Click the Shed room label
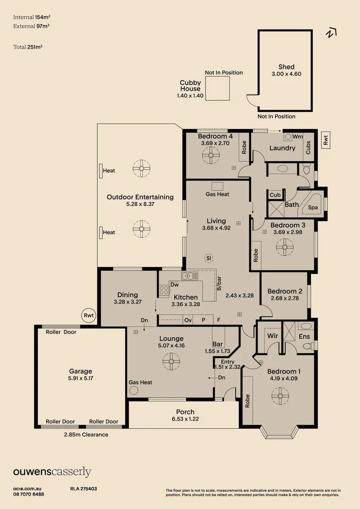pyautogui.click(x=286, y=67)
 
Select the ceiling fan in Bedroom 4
pyautogui.click(x=211, y=155)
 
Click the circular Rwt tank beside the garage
pyautogui.click(x=89, y=315)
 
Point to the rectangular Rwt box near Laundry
pyautogui.click(x=326, y=140)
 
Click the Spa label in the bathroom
pyautogui.click(x=313, y=207)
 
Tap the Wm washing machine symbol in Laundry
pyautogui.click(x=288, y=137)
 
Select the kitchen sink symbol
pyautogui.click(x=189, y=276)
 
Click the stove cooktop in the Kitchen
pyautogui.click(x=164, y=290)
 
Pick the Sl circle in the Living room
pyautogui.click(x=209, y=258)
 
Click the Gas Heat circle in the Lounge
pyautogui.click(x=133, y=390)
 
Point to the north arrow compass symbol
pyautogui.click(x=331, y=33)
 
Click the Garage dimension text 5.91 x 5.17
pyautogui.click(x=81, y=378)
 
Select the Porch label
pyautogui.click(x=185, y=412)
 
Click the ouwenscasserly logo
pyautogui.click(x=52, y=472)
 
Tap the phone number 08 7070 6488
pyautogui.click(x=29, y=494)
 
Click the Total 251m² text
pyautogui.click(x=28, y=47)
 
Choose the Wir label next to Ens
pyautogui.click(x=272, y=336)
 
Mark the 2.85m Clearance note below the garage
pyautogui.click(x=86, y=435)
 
